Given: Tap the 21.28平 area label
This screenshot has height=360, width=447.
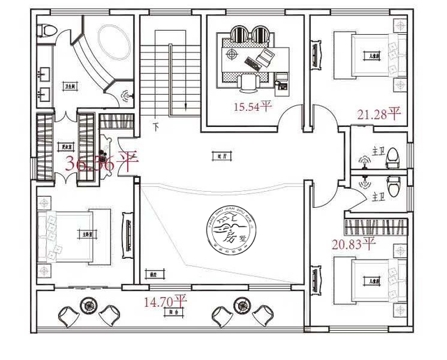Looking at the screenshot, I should (x=379, y=113).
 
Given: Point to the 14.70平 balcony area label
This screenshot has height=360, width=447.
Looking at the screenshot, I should (x=165, y=301).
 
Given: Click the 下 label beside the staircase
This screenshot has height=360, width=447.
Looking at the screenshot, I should (x=156, y=127).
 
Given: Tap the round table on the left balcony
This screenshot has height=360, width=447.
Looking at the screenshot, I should (x=89, y=304).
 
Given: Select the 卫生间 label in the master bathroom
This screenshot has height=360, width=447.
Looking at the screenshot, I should (x=71, y=86).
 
